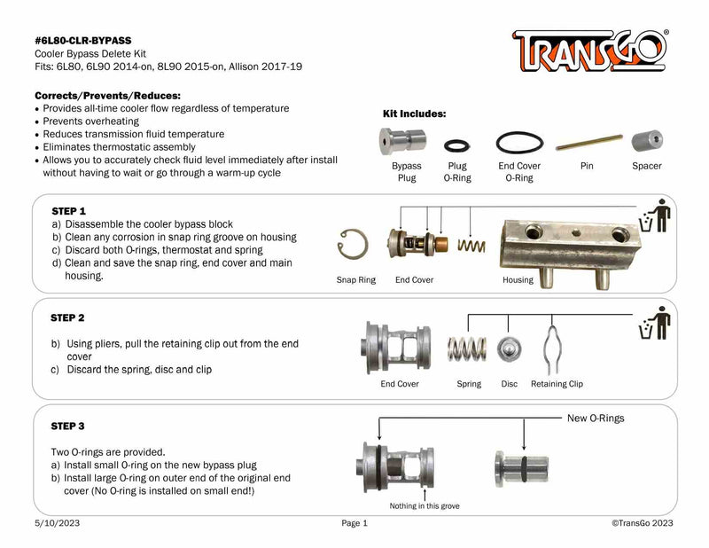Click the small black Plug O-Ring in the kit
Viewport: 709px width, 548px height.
[457, 144]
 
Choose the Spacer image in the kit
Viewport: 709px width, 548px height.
[646, 142]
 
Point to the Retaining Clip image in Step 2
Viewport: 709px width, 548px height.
[556, 348]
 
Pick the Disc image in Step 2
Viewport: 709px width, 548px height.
[509, 348]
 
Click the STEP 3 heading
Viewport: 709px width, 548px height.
[68, 426]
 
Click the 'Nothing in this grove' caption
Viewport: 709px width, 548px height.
[425, 505]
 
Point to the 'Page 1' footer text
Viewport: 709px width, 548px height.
[354, 524]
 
